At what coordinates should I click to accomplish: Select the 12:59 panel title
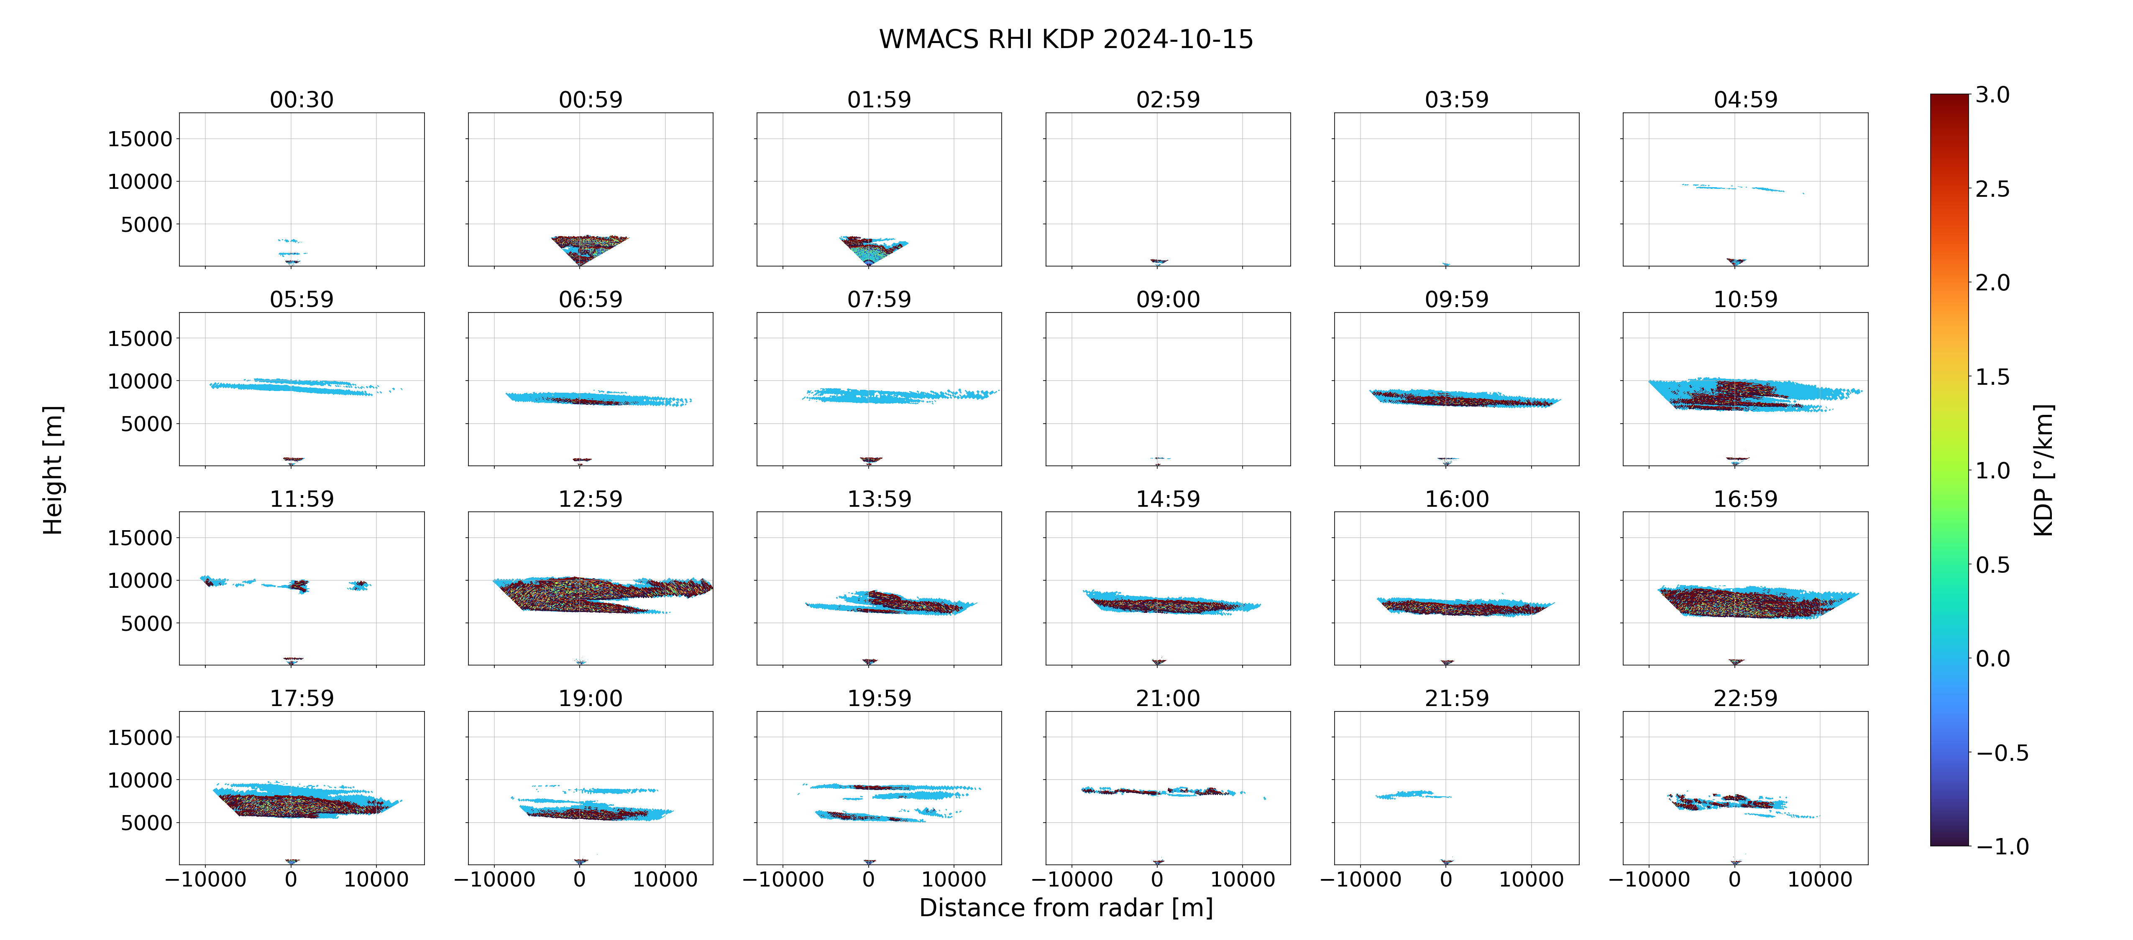(x=591, y=499)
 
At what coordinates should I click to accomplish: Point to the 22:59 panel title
(x=1745, y=699)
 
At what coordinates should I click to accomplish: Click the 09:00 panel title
(x=1168, y=300)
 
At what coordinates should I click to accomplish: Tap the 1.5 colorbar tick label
(x=1992, y=376)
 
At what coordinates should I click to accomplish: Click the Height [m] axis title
(x=52, y=470)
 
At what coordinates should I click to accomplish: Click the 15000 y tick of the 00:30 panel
(x=140, y=139)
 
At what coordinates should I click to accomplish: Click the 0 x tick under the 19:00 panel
(x=580, y=879)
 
